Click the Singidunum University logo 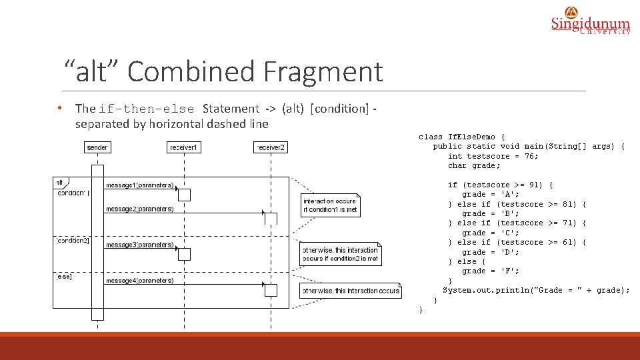[x=590, y=21]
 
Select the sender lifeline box [x=97, y=147]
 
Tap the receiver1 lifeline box [x=185, y=147]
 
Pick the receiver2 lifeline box [x=271, y=147]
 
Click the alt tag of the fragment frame [x=60, y=182]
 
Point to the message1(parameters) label [x=140, y=185]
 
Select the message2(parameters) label [x=140, y=209]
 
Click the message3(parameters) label [x=140, y=245]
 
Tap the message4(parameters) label [x=140, y=281]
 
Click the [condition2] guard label [x=72, y=241]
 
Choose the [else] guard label [x=65, y=276]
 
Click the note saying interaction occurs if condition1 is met [x=331, y=205]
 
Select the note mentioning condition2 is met [x=341, y=254]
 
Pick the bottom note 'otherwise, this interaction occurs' [x=351, y=291]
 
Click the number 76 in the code [x=531, y=156]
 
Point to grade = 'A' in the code [x=491, y=194]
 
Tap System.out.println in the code [x=487, y=291]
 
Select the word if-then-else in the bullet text [x=147, y=109]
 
